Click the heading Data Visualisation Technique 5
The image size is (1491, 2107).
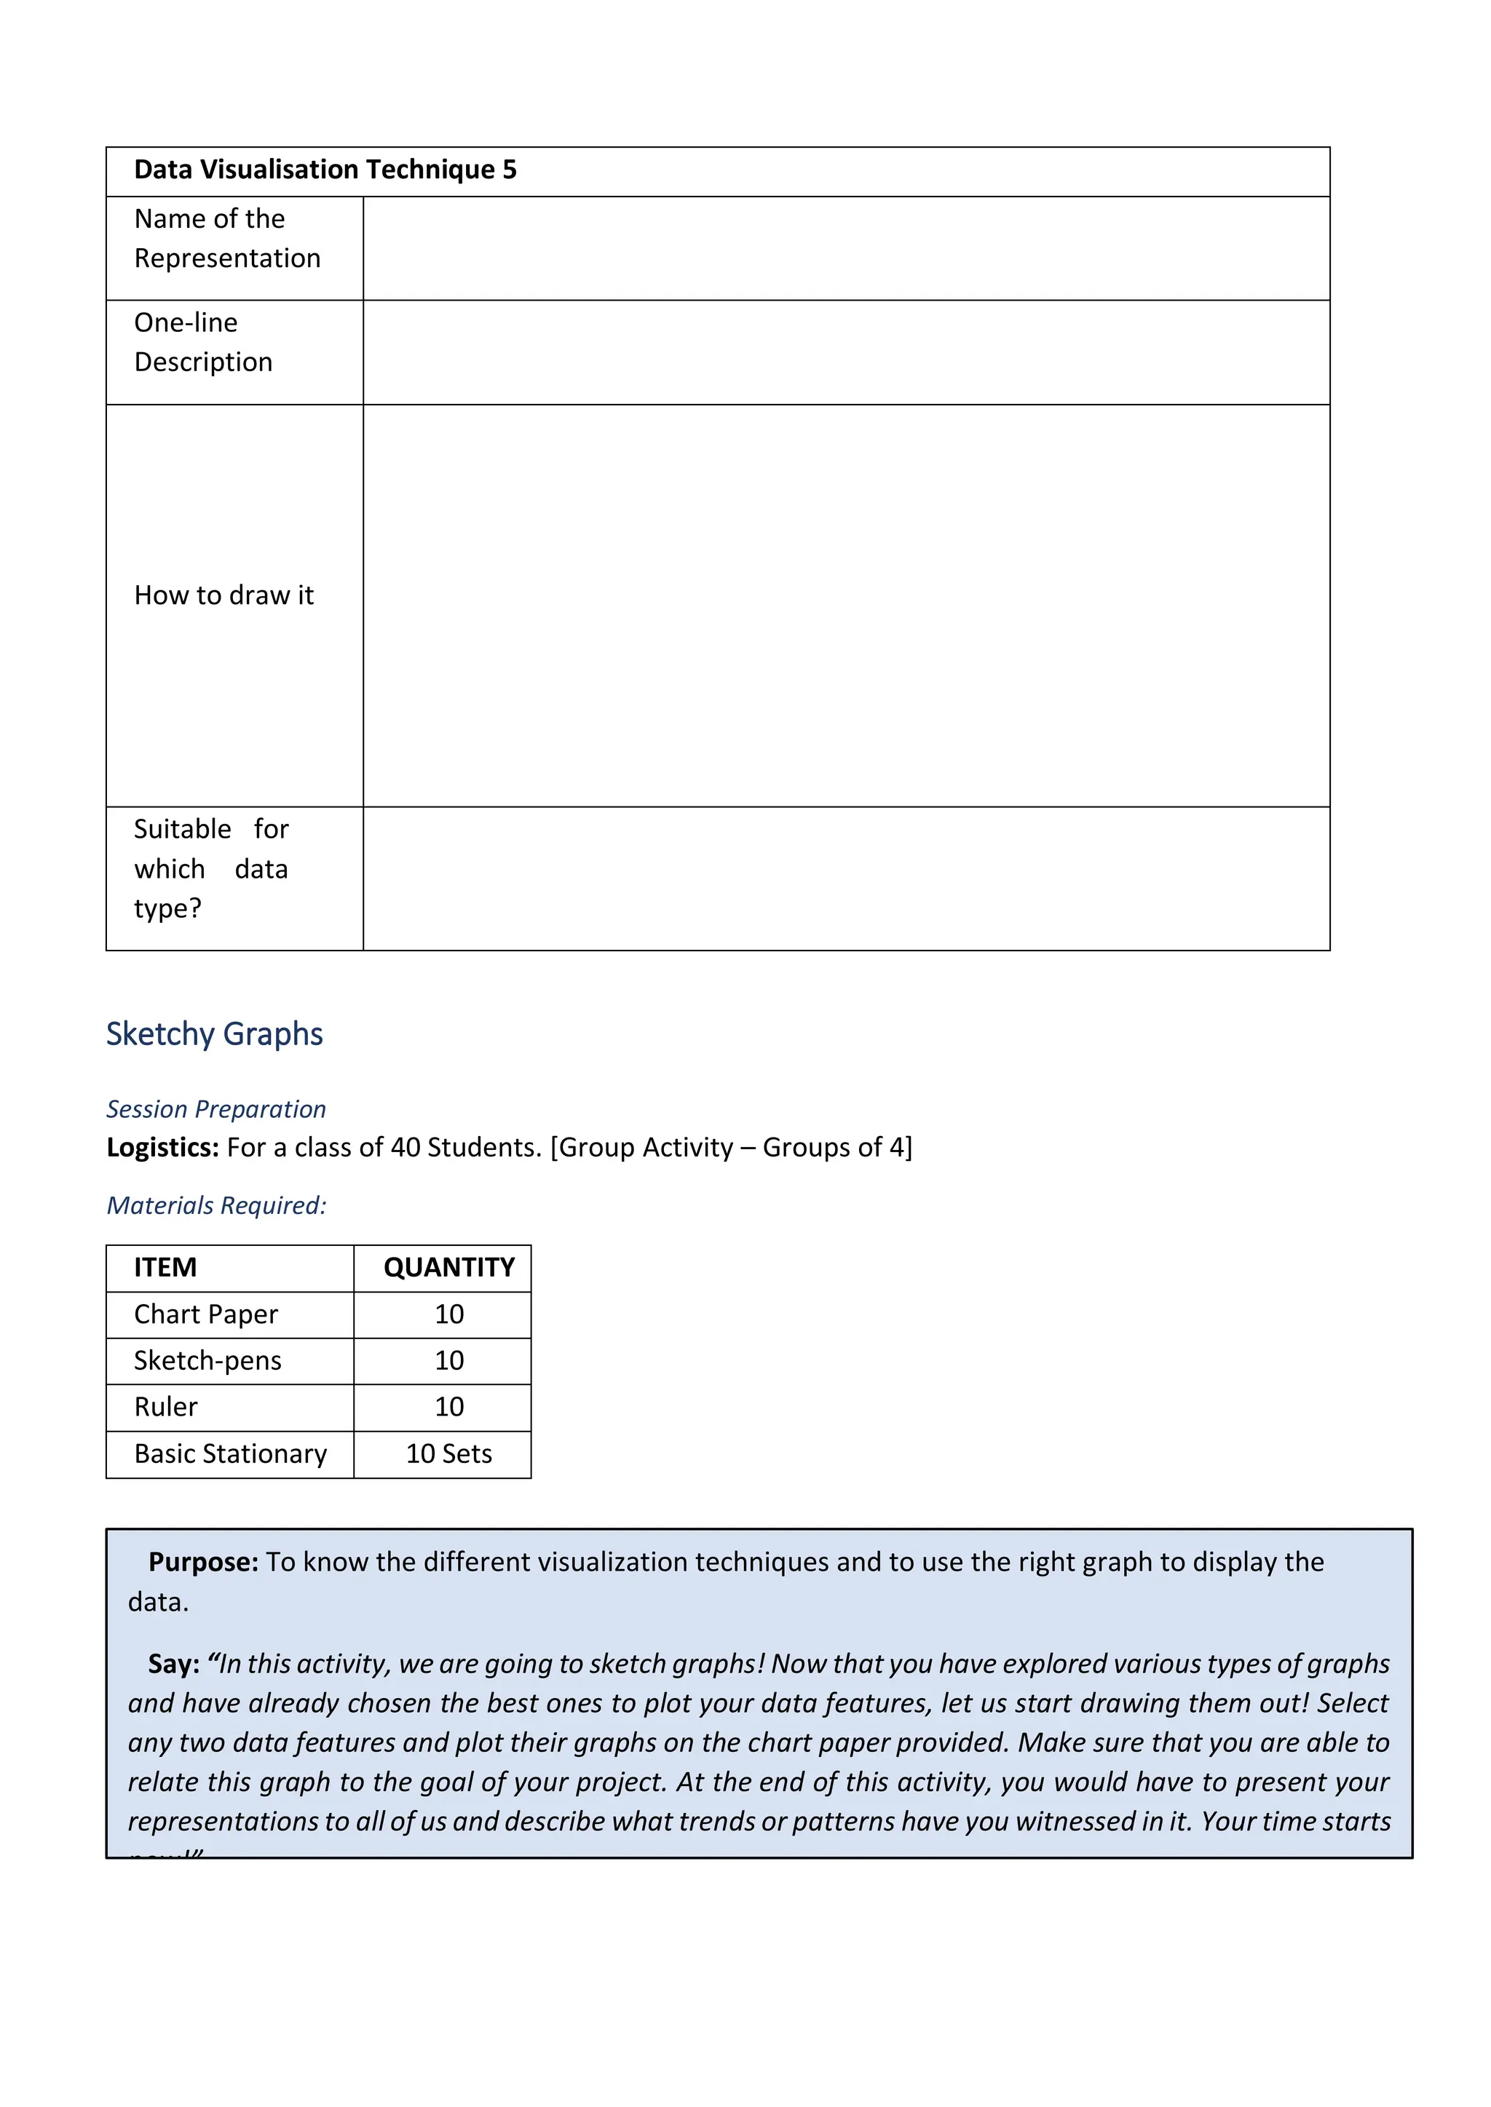[x=325, y=170]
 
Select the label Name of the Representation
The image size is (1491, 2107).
[x=226, y=239]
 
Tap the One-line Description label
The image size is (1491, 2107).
[x=203, y=342]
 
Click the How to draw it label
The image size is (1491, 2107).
[x=224, y=595]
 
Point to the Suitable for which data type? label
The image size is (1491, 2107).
[x=211, y=868]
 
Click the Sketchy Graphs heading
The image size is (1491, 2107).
[x=214, y=1033]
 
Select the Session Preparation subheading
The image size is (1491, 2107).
[x=215, y=1108]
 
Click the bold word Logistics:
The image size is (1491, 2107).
[x=162, y=1147]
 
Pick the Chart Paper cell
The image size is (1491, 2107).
[x=205, y=1314]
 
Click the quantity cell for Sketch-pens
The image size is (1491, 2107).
[x=449, y=1360]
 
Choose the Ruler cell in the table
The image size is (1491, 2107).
[x=166, y=1407]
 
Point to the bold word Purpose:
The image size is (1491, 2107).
[x=204, y=1562]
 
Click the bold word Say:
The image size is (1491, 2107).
[x=173, y=1664]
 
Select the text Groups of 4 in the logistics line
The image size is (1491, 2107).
[x=834, y=1147]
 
